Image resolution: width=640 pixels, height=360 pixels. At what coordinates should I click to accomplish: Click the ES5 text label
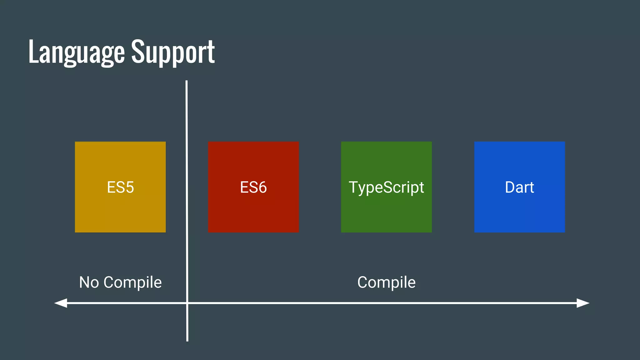point(120,187)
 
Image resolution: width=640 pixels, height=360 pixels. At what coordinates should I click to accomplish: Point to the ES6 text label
point(253,187)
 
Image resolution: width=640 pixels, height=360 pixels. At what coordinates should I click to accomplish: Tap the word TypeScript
point(386,187)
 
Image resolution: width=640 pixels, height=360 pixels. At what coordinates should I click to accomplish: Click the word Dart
point(519,187)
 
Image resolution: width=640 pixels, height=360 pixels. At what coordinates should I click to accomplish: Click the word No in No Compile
point(89,282)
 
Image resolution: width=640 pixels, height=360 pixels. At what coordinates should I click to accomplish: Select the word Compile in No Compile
point(132,283)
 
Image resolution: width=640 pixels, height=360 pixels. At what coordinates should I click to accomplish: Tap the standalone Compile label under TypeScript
point(386,283)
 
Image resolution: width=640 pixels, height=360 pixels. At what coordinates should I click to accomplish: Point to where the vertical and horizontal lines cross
point(187,303)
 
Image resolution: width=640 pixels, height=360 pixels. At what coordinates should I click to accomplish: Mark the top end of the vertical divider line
point(187,82)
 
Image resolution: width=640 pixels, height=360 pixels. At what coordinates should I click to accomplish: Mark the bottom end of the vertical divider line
point(187,340)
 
